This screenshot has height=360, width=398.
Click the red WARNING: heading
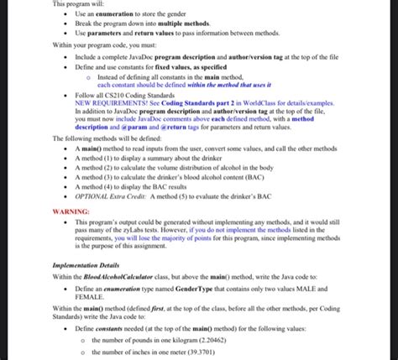(x=71, y=213)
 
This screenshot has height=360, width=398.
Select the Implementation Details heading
(x=85, y=264)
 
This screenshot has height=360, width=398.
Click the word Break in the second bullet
(x=83, y=23)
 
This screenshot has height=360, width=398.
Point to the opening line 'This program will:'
(x=76, y=4)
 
